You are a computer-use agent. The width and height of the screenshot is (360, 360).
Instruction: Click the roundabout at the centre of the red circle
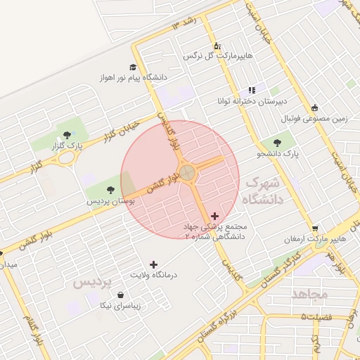(187, 172)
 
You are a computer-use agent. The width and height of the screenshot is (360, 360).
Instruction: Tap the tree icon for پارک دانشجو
(288, 143)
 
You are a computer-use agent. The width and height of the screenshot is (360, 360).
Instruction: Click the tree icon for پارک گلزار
(67, 134)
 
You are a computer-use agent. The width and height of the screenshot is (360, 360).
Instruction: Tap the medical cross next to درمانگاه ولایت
(153, 264)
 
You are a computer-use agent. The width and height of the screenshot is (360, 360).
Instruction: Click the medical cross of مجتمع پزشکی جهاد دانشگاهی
(214, 216)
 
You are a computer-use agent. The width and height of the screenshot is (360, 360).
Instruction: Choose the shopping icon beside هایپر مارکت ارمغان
(316, 229)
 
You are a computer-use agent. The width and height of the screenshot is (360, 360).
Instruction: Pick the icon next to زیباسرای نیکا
(122, 295)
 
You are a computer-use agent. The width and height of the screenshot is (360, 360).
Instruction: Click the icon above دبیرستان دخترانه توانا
(251, 89)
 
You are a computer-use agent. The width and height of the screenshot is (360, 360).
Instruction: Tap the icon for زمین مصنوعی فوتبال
(314, 108)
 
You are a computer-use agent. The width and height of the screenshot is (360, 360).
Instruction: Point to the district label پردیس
(92, 283)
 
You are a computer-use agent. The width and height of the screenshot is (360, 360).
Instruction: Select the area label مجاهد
(310, 294)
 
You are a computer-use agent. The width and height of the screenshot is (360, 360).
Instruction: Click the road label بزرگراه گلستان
(224, 319)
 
